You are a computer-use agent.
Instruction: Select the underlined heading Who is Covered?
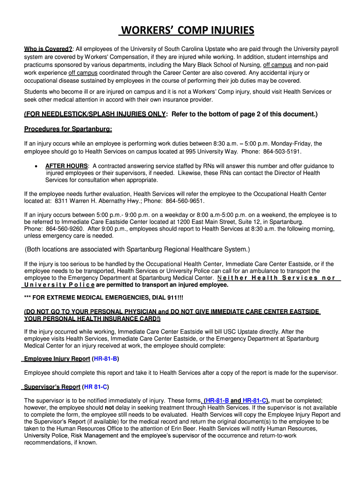tap(48, 49)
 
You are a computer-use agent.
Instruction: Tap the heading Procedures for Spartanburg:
tap(68, 129)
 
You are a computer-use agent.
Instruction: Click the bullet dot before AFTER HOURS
tap(36, 166)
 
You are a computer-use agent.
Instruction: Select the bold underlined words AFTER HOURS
tap(66, 166)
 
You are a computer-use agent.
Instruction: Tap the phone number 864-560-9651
tap(186, 201)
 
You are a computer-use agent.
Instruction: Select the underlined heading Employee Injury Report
tap(57, 359)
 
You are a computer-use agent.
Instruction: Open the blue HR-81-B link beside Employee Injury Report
tap(106, 359)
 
